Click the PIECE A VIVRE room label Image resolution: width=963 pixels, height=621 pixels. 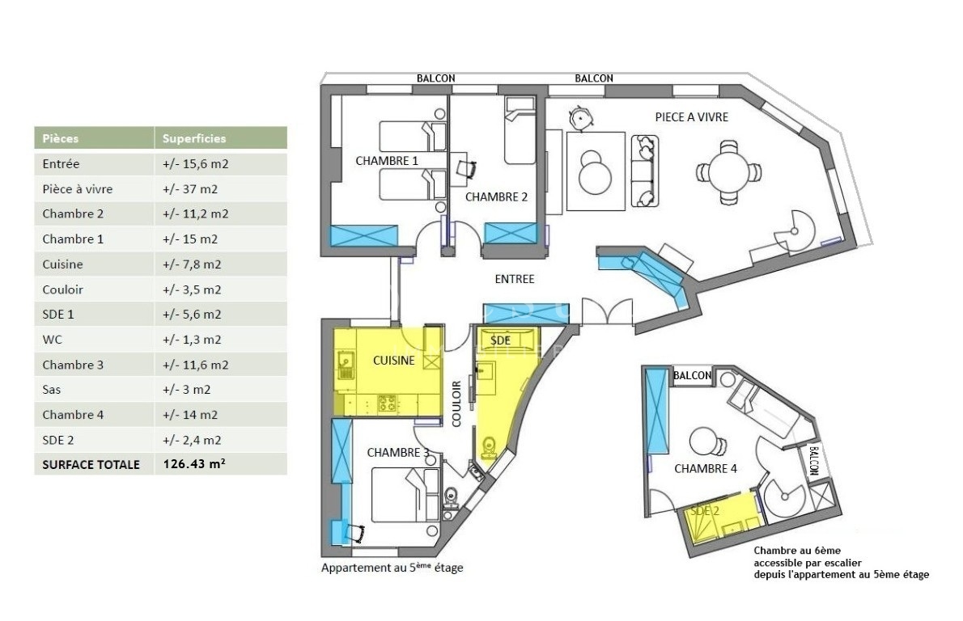coord(692,117)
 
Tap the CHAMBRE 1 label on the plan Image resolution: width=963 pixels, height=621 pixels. coord(387,161)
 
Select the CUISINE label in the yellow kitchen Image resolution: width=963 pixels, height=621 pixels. coord(393,361)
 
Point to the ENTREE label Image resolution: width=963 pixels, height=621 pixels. coord(515,279)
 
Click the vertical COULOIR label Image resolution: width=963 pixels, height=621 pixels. coord(456,403)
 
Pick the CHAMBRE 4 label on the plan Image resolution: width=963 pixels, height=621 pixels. coord(706,469)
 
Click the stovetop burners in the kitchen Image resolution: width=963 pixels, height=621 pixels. coord(388,403)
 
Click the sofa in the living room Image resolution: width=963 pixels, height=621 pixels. coord(646,171)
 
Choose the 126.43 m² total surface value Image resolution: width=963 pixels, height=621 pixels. coord(194,464)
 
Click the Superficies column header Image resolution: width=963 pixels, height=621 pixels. coord(194,139)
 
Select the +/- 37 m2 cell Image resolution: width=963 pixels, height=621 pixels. coord(190,189)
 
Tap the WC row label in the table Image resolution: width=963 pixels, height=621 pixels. coord(53,340)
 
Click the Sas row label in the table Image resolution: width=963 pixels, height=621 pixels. coord(52,390)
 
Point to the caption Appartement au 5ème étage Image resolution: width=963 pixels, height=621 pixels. coord(392,568)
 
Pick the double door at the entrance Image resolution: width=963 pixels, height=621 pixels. coord(608,312)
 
